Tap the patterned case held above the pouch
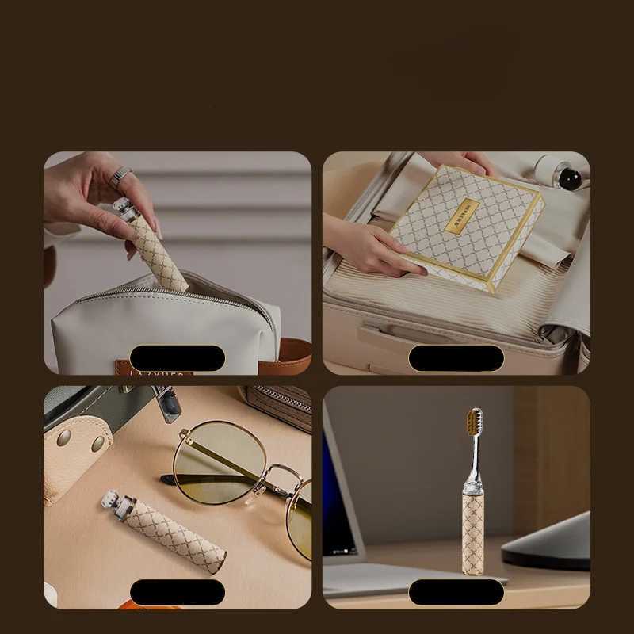tap(159, 248)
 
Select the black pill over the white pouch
tap(178, 358)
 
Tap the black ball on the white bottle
tap(570, 178)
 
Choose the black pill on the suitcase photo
tap(456, 358)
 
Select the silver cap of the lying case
tap(117, 505)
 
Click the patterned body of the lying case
tap(179, 538)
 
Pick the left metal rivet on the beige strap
tap(63, 437)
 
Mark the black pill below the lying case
tap(178, 592)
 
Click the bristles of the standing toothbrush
tap(474, 422)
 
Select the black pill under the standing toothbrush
tap(456, 592)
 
